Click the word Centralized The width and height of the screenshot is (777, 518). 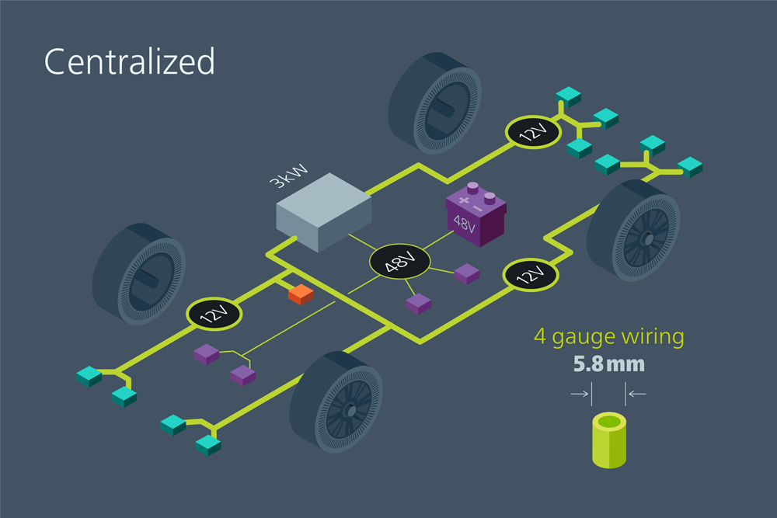[129, 61]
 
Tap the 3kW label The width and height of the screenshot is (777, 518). [288, 176]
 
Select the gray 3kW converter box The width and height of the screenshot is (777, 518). [323, 212]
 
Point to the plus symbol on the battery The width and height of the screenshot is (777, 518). [463, 200]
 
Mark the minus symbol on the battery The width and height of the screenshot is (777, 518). [478, 208]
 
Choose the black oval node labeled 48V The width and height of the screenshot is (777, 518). [400, 261]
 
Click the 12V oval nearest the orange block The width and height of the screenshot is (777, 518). [214, 314]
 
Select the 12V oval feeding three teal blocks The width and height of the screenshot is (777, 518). [533, 132]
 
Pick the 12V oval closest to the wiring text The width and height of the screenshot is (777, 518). [530, 275]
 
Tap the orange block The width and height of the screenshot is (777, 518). [301, 294]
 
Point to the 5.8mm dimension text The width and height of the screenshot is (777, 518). [609, 364]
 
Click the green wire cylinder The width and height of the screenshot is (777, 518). [609, 440]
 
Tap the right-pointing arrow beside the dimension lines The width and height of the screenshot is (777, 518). [580, 395]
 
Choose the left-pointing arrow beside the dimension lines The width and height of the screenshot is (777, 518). [637, 395]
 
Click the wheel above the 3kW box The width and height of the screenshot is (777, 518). [434, 103]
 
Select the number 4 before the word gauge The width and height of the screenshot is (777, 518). [540, 336]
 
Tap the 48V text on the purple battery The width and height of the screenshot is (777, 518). [465, 224]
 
